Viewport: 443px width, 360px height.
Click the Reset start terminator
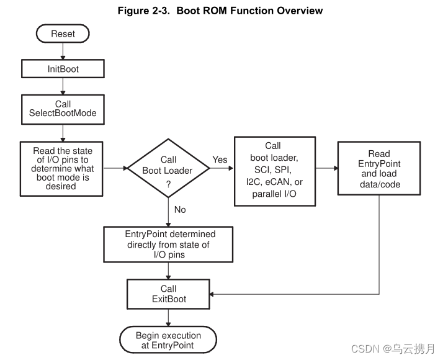pos(63,34)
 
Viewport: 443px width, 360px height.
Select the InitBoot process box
pos(63,69)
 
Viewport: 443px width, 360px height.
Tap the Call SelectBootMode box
pos(63,109)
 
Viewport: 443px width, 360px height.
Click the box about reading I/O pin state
pos(63,169)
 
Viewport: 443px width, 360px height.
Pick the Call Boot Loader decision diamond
pos(168,168)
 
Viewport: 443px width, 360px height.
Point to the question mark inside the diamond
pos(168,184)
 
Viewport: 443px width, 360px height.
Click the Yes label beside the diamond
pos(220,160)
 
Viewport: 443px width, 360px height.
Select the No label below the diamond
pos(180,210)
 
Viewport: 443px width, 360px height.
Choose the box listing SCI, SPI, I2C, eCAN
pos(273,171)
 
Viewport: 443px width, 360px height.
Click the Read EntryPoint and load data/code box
pos(379,169)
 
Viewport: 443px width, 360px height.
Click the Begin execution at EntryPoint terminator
pos(168,340)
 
